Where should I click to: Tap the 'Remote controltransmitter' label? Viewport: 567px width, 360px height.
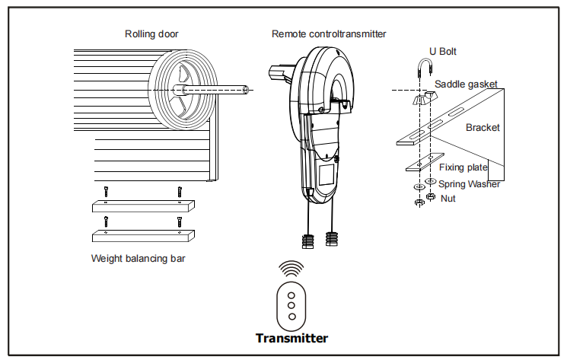tap(329, 33)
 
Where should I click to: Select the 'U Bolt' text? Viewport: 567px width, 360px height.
tap(443, 52)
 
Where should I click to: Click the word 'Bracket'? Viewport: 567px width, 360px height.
tap(483, 128)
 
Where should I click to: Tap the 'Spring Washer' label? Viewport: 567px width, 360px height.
tap(469, 183)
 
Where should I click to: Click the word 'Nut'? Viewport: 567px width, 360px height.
tap(448, 198)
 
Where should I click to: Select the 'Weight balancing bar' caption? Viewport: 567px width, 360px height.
tap(138, 258)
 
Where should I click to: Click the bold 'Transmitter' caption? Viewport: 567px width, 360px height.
tap(291, 338)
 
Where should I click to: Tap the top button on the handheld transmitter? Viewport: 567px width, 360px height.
tap(291, 295)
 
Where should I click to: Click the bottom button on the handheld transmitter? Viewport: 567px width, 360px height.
tap(291, 315)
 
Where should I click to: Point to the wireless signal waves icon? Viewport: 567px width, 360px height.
tap(291, 269)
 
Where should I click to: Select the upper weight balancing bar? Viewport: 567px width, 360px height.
tap(142, 206)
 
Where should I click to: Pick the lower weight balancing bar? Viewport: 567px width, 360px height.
tap(142, 234)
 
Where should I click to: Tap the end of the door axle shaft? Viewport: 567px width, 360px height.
tap(247, 90)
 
